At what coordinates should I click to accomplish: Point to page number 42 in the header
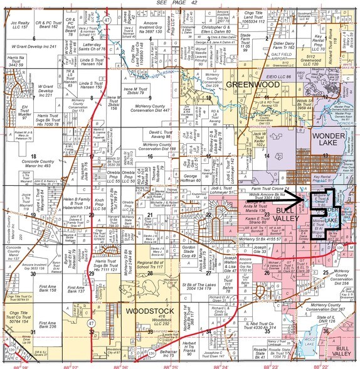pos(194,4)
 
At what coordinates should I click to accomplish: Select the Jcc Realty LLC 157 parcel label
pos(21,26)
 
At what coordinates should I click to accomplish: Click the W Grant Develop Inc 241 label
pos(32,46)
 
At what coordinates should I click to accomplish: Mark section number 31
pos(33,331)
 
